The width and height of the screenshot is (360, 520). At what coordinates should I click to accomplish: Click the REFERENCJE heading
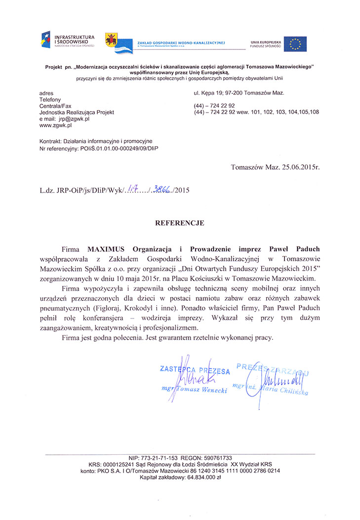[180, 223]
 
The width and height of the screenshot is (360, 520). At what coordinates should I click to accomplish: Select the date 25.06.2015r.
[297, 167]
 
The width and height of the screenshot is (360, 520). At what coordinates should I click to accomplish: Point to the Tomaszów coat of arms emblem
[111, 40]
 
